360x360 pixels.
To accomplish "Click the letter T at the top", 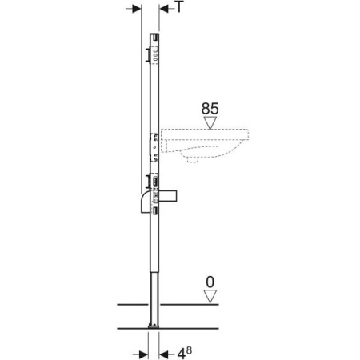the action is point(180,6).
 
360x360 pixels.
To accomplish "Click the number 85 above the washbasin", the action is point(210,109).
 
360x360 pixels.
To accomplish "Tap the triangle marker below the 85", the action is point(210,122).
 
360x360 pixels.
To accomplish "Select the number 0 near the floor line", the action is point(210,282).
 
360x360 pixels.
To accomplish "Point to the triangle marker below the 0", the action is point(210,296).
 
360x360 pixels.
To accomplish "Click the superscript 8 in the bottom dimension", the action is point(189,350).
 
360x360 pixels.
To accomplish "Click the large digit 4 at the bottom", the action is point(182,354).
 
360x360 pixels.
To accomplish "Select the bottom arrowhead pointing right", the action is point(144,354).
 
